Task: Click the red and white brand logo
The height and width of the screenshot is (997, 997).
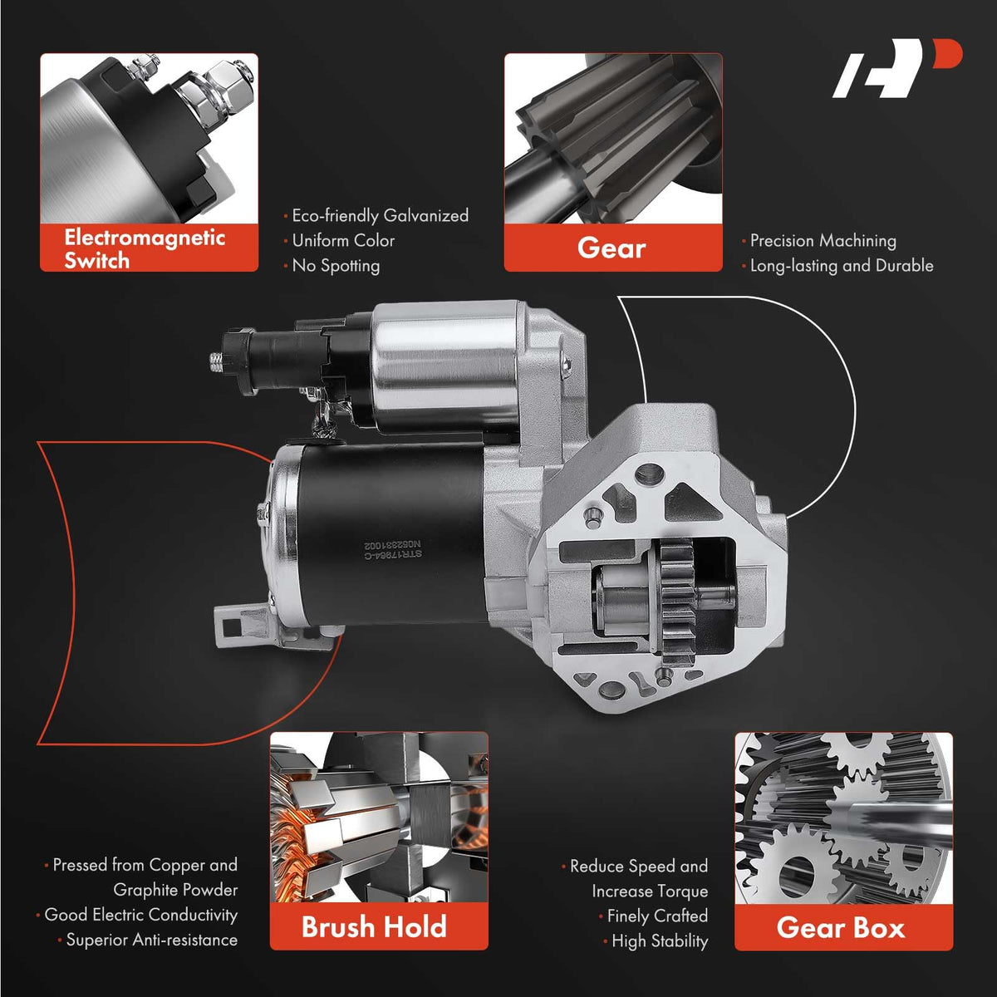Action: coord(897,68)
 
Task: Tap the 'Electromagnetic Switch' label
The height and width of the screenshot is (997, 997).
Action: coord(145,249)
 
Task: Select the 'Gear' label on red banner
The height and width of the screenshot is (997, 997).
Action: coord(611,248)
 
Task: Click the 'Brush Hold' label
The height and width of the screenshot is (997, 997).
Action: coord(374,926)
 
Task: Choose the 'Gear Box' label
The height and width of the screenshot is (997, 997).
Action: coord(841,928)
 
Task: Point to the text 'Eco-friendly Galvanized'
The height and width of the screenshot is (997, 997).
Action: coord(381,216)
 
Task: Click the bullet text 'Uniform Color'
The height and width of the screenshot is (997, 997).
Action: coord(343,241)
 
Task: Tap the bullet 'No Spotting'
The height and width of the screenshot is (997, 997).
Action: coord(336,265)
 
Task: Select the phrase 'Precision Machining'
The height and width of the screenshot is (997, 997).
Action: coord(823,241)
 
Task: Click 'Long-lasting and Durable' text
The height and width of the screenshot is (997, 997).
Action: coord(842,266)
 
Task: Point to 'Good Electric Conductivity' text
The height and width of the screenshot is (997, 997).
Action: coord(140,915)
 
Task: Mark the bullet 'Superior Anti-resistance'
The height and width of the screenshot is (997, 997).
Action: coord(151,940)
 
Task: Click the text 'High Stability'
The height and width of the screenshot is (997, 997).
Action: coord(660,941)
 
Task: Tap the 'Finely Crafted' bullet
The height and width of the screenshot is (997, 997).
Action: coord(657,916)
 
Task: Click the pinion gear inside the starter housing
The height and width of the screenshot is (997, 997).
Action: coord(677,602)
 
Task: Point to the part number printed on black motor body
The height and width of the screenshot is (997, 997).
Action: coord(393,549)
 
